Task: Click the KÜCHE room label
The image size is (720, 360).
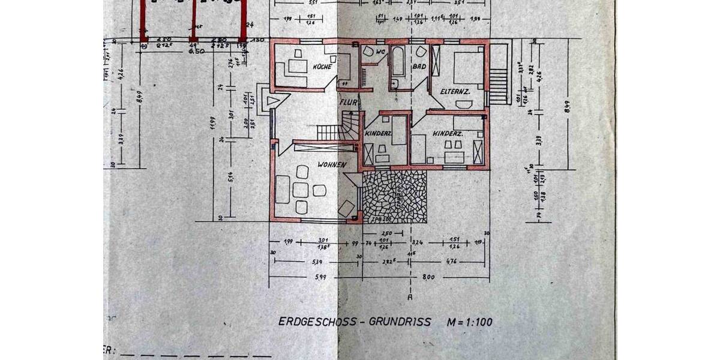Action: pyautogui.click(x=322, y=66)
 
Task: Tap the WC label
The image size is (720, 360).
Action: pyautogui.click(x=379, y=52)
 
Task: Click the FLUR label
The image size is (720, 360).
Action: pyautogui.click(x=349, y=103)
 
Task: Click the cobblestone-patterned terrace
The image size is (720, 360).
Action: pyautogui.click(x=394, y=196)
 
